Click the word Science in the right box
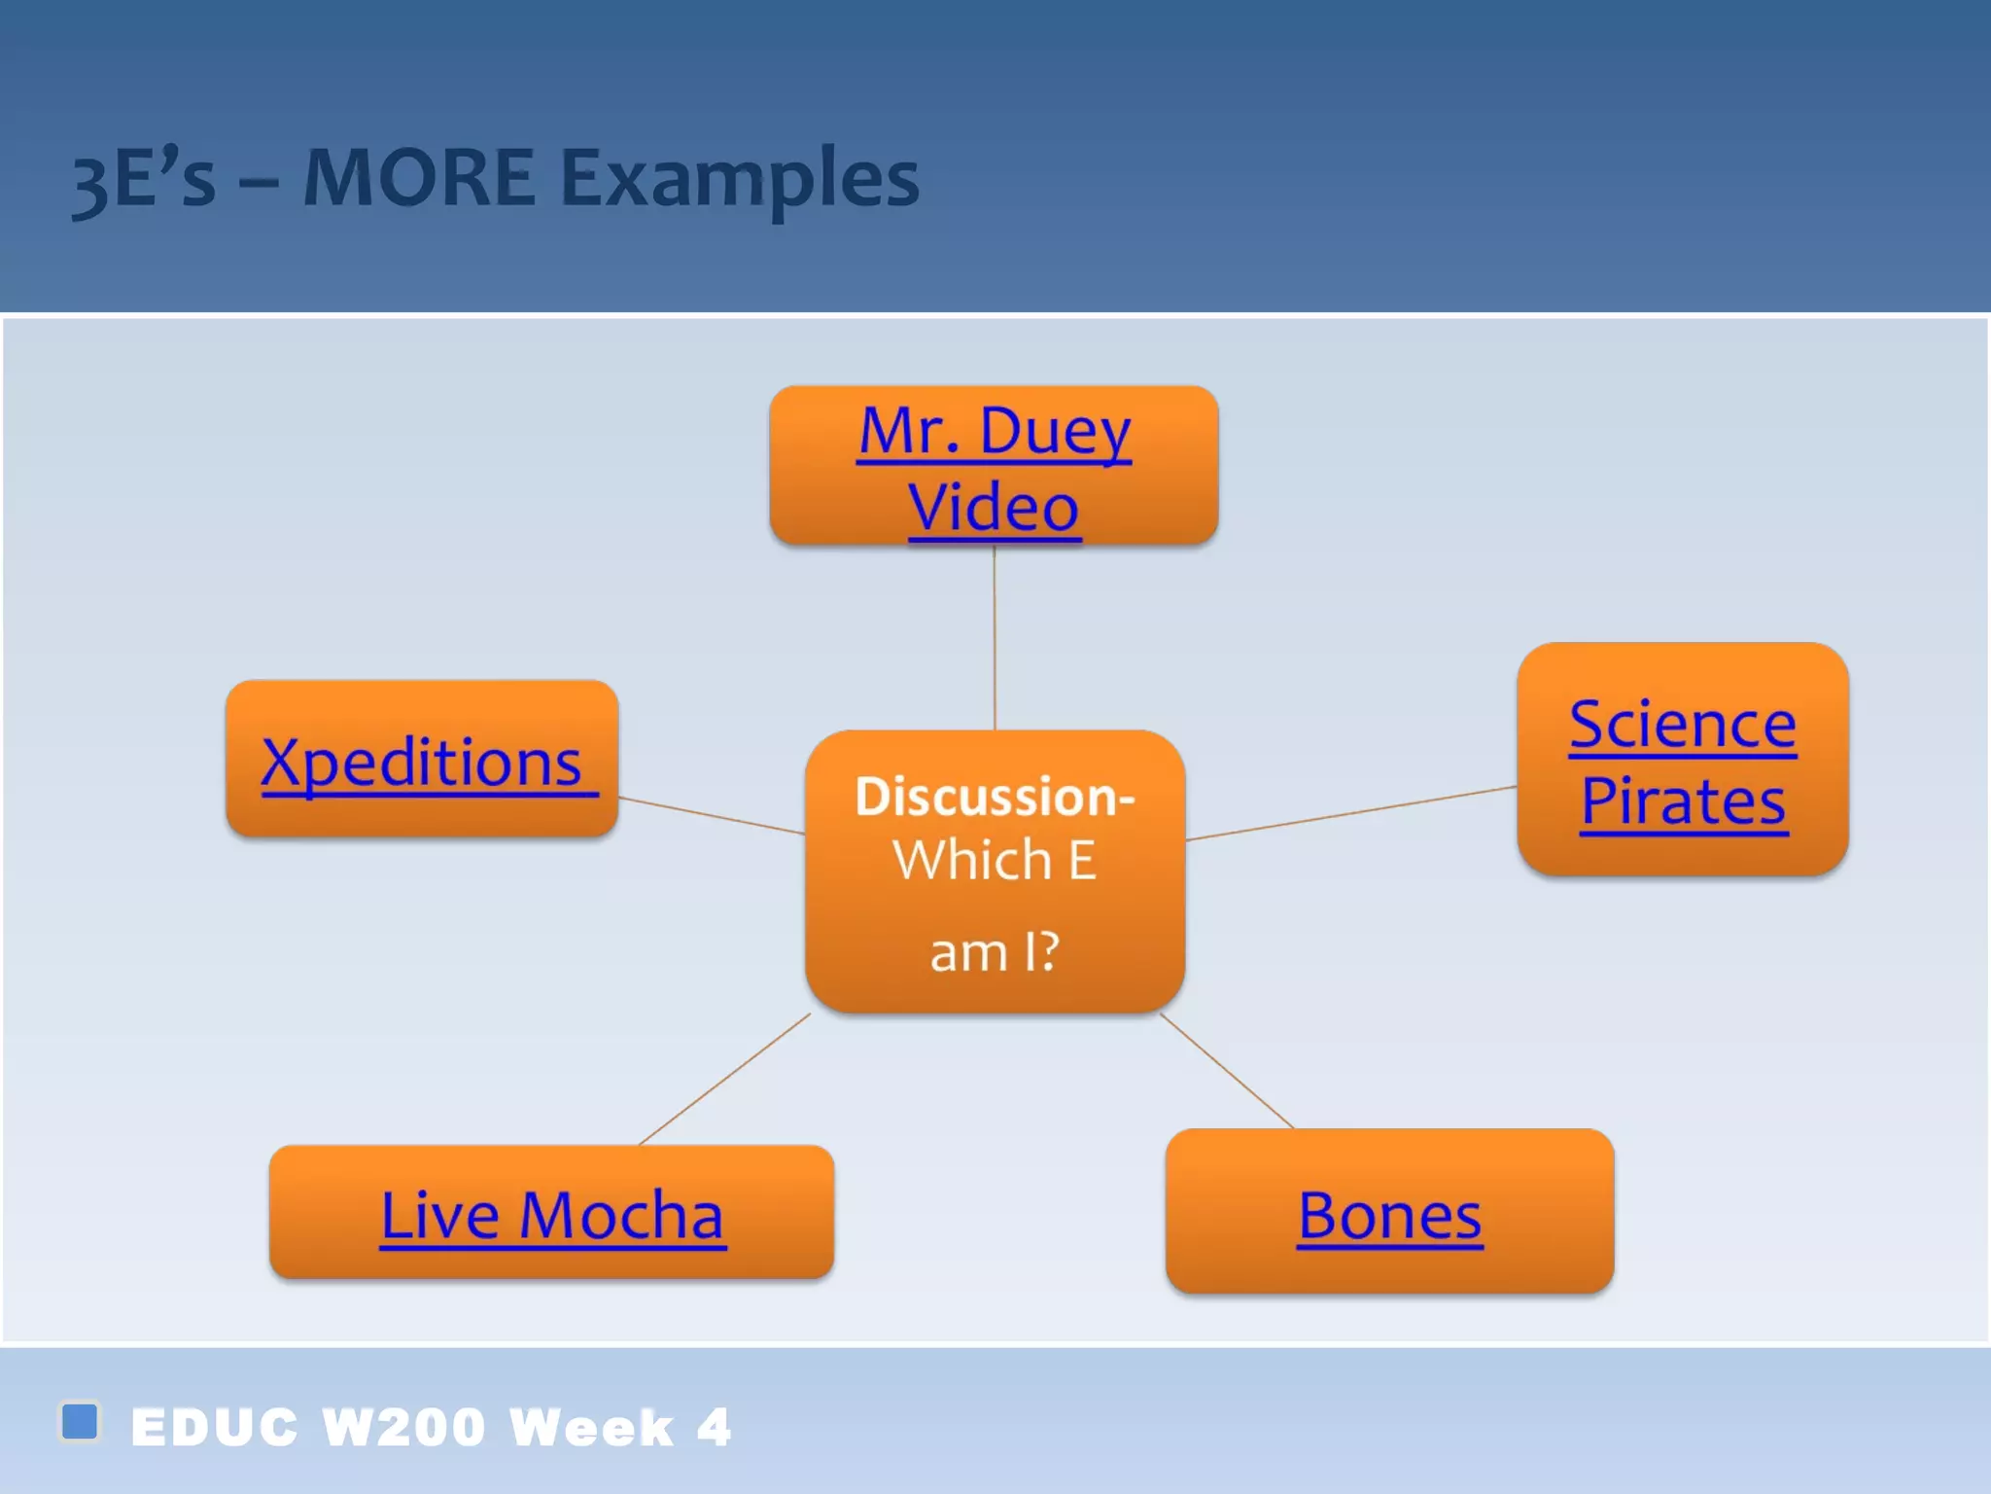point(1683,725)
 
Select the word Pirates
point(1683,802)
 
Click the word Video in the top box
point(994,507)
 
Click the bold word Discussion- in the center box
point(994,797)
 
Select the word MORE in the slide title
point(418,178)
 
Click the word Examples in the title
point(739,180)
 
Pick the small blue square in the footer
point(80,1421)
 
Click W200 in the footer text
point(403,1427)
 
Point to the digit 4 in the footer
point(715,1427)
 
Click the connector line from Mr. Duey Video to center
point(994,637)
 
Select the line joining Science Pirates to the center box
point(1351,813)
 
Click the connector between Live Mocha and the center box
point(724,1080)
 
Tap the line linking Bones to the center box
point(1227,1071)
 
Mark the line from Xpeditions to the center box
point(712,815)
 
